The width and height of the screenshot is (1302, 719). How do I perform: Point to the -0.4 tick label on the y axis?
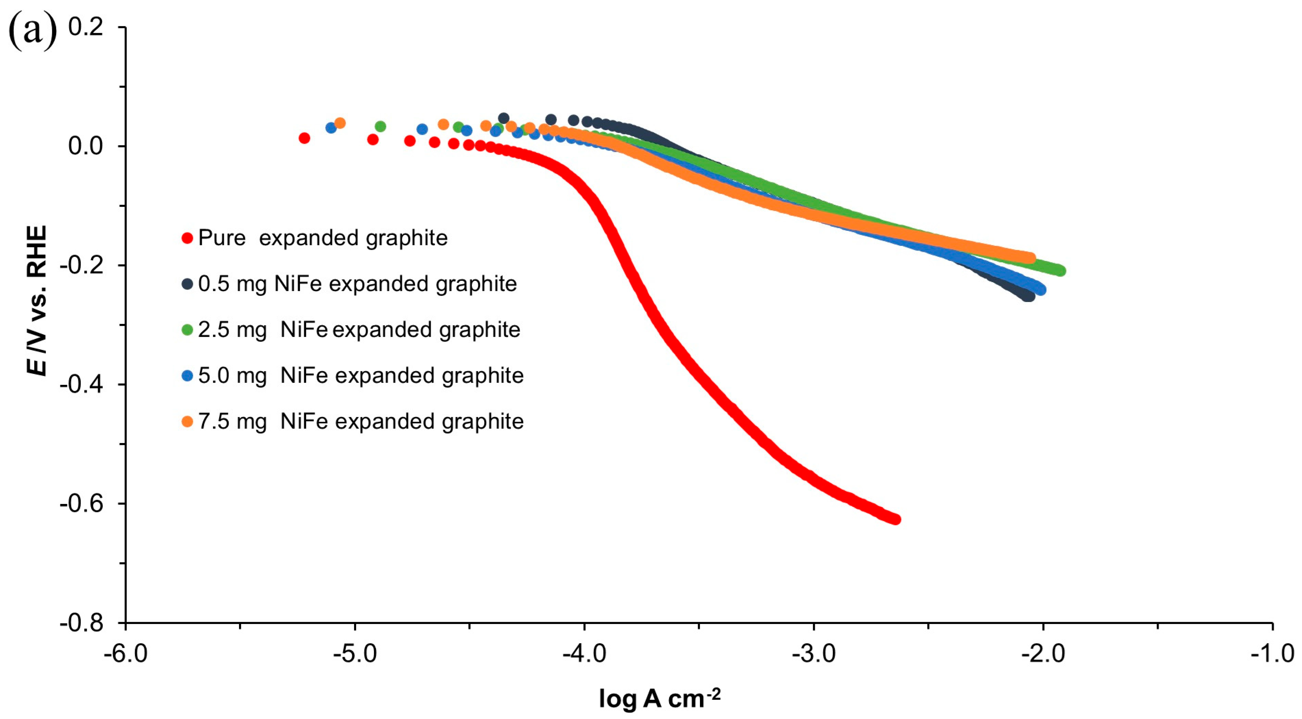81,384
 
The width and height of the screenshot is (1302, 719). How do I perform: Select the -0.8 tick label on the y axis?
81,623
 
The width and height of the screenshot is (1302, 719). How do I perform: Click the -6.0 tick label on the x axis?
125,654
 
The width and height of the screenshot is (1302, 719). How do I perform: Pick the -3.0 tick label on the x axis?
814,654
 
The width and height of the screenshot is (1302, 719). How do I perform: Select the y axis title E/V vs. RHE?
36,300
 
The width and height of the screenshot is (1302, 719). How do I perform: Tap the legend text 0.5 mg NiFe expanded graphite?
357,284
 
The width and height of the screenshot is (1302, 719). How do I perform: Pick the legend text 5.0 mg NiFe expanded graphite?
360,376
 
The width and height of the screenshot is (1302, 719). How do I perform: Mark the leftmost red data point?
304,138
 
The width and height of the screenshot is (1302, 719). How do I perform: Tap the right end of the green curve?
1060,271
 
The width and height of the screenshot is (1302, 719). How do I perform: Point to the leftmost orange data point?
340,123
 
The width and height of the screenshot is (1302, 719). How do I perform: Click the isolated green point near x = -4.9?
381,126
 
